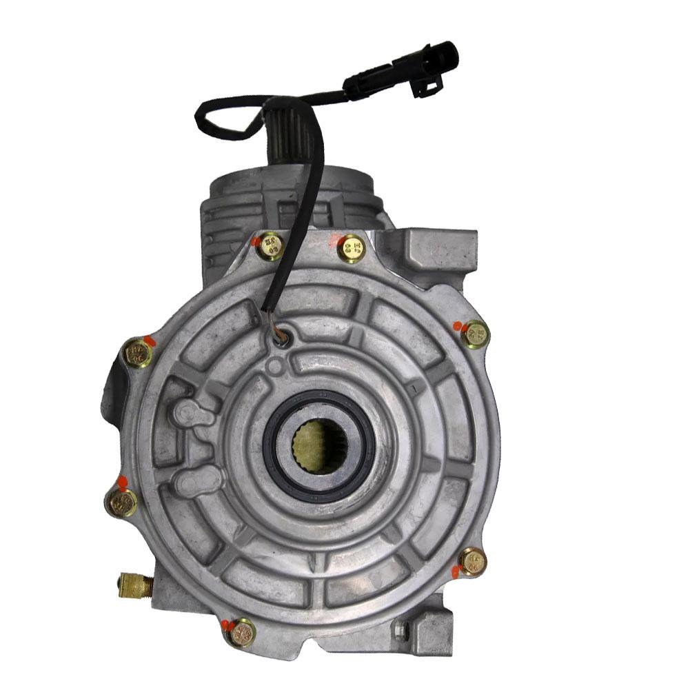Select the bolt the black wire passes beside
point(270,246)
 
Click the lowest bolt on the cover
point(241,632)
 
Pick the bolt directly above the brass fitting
point(122,503)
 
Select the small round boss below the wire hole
point(276,365)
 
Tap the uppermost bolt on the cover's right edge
point(475,335)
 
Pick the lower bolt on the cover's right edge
point(473,561)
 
